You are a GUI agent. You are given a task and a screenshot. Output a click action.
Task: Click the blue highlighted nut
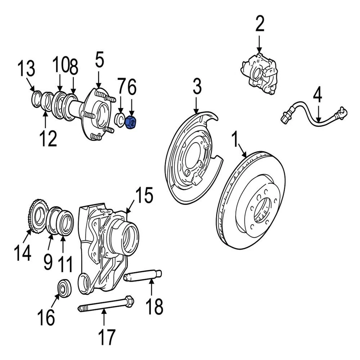click(x=132, y=122)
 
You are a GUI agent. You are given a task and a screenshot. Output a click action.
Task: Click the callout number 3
click(x=197, y=87)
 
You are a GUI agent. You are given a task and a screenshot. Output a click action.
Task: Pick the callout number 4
click(x=317, y=95)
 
